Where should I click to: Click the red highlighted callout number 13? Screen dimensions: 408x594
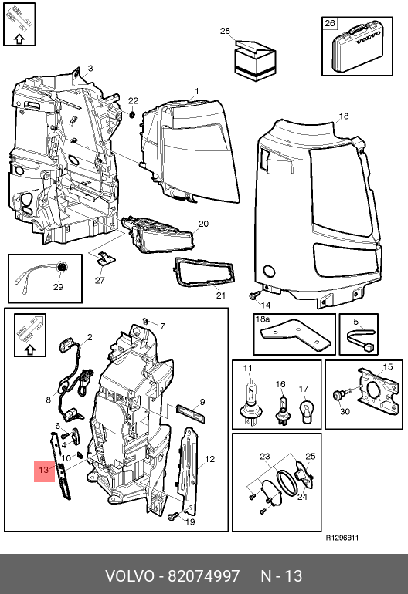pyautogui.click(x=44, y=470)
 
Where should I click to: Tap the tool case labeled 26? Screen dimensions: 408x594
pyautogui.click(x=356, y=46)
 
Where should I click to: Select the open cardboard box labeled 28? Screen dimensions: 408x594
pyautogui.click(x=254, y=61)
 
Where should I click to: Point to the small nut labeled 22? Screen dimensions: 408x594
pyautogui.click(x=132, y=113)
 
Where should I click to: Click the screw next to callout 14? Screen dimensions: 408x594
pyautogui.click(x=255, y=295)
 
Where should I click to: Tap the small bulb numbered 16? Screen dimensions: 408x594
pyautogui.click(x=281, y=410)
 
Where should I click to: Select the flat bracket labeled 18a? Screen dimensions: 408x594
pyautogui.click(x=295, y=332)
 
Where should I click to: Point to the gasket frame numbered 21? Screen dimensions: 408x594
pyautogui.click(x=204, y=272)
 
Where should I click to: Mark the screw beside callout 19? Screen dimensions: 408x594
pyautogui.click(x=174, y=515)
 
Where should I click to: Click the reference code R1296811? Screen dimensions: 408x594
pyautogui.click(x=342, y=538)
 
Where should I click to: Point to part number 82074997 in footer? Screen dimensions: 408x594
pyautogui.click(x=204, y=575)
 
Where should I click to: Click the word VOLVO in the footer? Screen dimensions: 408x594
pyautogui.click(x=129, y=575)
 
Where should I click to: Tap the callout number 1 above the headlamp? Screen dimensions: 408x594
pyautogui.click(x=197, y=91)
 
